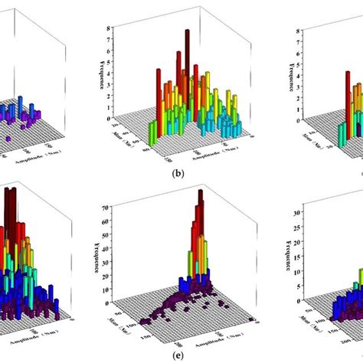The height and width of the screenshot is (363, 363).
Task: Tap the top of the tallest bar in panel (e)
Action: coord(201,192)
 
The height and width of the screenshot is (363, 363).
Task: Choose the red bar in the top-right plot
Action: coord(347,100)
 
